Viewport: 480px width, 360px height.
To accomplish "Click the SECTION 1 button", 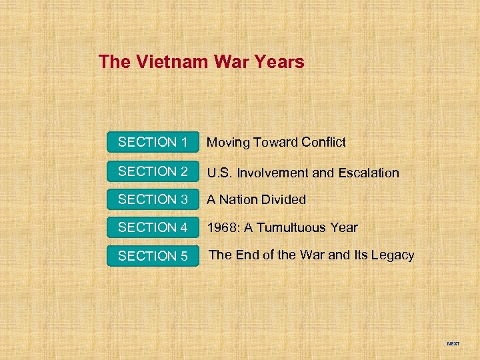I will click(153, 142).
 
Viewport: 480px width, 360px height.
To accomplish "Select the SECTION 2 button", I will click(153, 171).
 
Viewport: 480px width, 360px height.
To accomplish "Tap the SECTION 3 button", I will click(153, 199).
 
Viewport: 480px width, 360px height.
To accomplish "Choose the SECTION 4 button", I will click(153, 227).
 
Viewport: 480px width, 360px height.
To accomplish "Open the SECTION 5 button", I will click(153, 256).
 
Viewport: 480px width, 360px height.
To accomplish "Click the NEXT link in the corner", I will click(453, 344).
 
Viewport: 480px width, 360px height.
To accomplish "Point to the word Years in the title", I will click(281, 62).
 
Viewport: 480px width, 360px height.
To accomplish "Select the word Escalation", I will click(368, 173).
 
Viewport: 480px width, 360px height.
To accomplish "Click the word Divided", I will click(283, 199).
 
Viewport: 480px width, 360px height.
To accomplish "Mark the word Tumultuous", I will click(293, 228).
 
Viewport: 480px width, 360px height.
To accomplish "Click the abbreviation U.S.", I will click(219, 173).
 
